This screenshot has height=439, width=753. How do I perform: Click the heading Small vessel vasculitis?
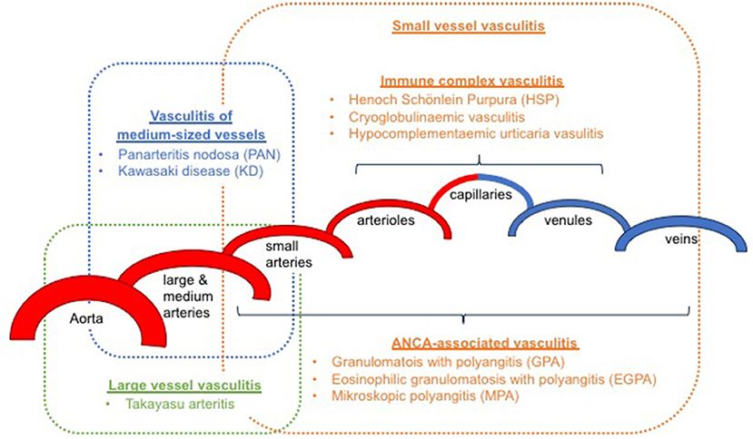(x=468, y=26)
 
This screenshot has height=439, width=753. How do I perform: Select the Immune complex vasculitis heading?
(x=468, y=80)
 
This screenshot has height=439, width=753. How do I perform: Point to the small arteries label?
(x=289, y=254)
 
